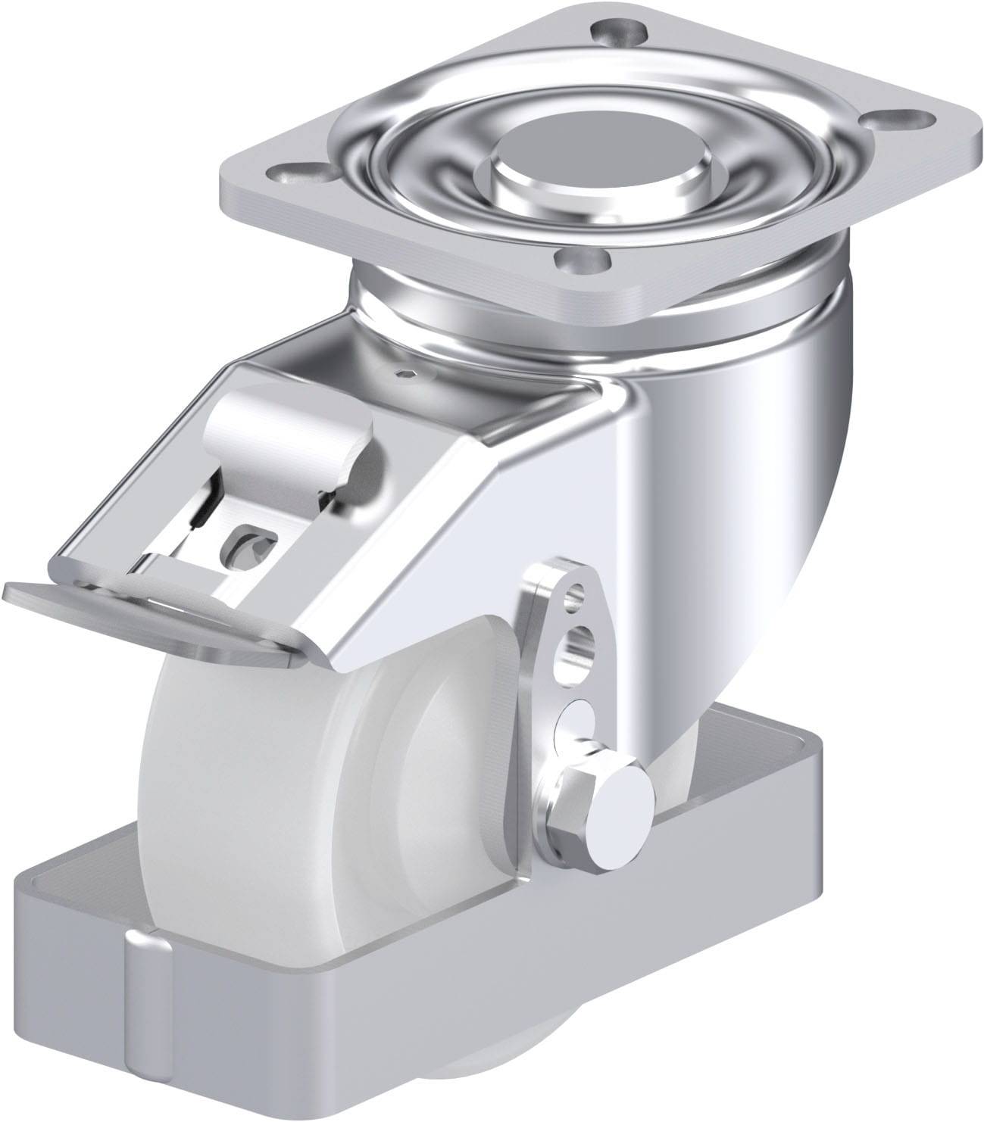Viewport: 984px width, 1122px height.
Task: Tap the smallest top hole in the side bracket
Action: click(x=579, y=595)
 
